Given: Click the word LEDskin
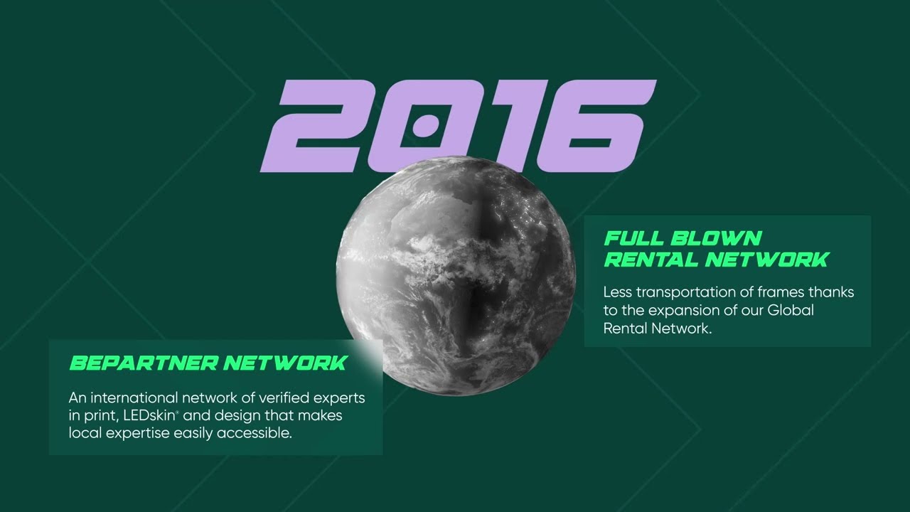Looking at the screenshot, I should [149, 415].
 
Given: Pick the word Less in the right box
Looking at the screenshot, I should [616, 292].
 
